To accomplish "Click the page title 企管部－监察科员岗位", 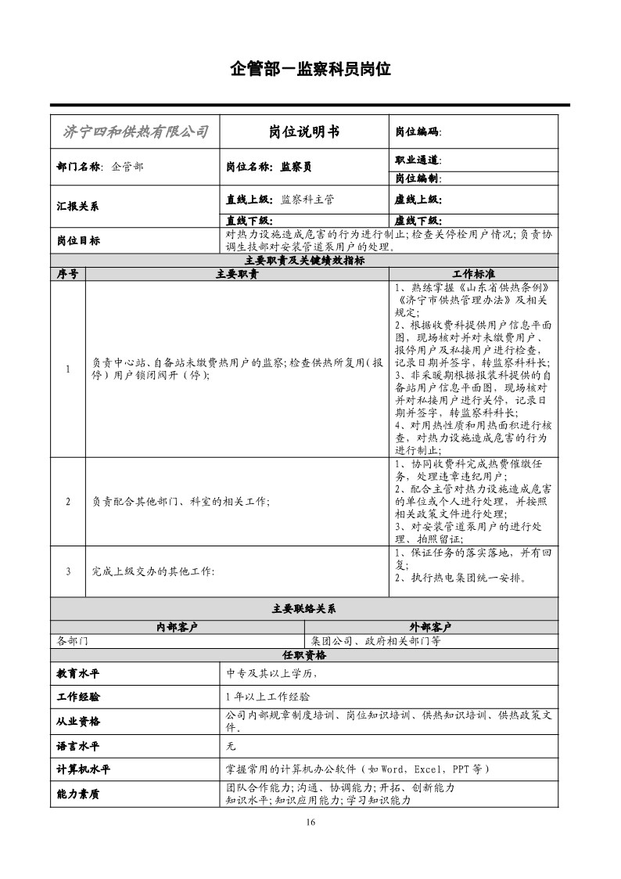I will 310,69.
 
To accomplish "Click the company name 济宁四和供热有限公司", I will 135,131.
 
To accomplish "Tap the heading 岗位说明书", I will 304,131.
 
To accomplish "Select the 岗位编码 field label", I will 418,132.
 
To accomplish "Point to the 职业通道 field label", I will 418,160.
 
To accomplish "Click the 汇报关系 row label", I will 78,207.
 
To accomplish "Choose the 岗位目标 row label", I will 78,241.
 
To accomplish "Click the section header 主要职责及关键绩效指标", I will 304,261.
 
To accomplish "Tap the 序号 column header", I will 68,274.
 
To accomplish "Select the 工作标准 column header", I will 474,274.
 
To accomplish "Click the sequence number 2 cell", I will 68,501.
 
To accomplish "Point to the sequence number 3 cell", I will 68,571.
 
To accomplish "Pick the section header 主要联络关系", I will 304,608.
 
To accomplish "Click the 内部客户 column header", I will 178,627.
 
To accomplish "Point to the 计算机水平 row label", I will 84,769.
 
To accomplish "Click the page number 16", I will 310,822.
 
